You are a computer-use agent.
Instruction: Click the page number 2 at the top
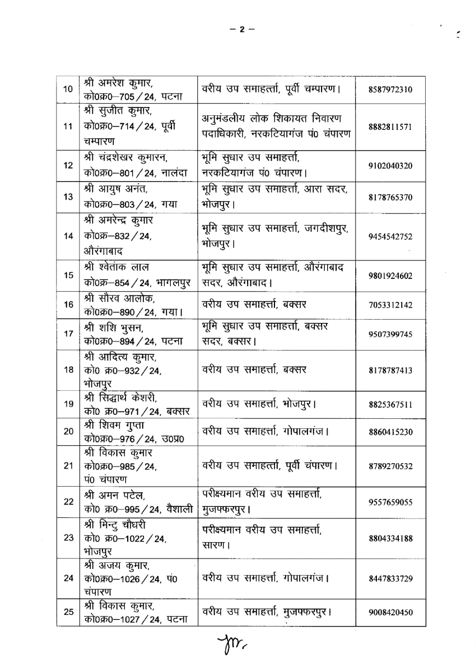click(243, 30)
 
